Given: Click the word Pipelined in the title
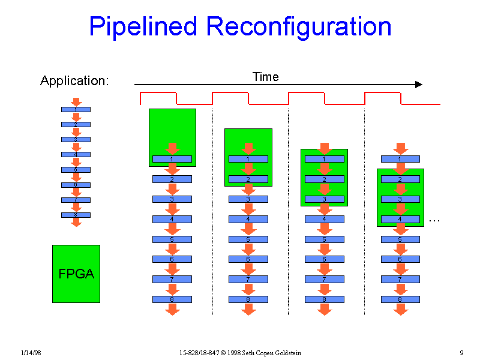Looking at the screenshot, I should (x=143, y=28).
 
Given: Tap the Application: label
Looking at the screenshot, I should (x=74, y=81).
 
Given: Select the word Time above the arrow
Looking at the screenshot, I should (x=265, y=77).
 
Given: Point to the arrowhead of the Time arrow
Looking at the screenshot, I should (x=419, y=85).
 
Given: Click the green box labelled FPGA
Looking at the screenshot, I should (x=76, y=274).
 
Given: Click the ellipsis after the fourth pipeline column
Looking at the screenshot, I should (x=435, y=221).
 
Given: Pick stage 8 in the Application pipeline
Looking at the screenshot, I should (x=76, y=215).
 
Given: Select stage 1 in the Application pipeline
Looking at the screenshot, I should (x=76, y=109).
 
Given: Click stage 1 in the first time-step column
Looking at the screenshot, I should (x=172, y=159).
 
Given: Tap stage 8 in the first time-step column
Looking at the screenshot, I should (x=172, y=299).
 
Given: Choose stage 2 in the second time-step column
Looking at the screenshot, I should (x=248, y=179).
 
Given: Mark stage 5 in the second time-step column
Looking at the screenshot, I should (x=248, y=239).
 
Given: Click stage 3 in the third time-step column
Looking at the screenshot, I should (x=325, y=199).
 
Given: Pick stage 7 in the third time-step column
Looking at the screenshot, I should (x=325, y=279).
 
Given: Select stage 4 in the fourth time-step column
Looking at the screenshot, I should (x=400, y=219).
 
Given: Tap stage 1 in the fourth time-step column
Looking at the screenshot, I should (x=400, y=159).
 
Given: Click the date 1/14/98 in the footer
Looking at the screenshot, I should (x=30, y=352).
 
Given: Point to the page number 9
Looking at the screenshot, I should (x=461, y=352).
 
